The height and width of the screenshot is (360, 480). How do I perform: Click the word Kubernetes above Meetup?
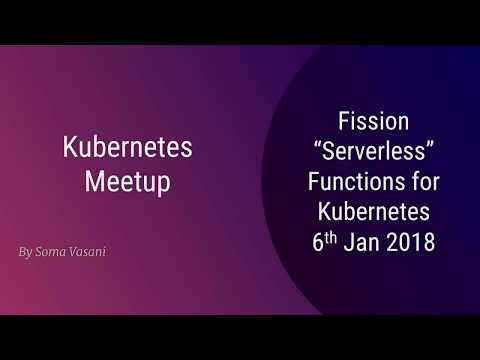pos(127,148)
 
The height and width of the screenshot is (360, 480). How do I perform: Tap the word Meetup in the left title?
pos(127,182)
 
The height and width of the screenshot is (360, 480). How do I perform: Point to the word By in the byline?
pos(25,252)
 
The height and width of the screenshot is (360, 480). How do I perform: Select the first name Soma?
pos(50,252)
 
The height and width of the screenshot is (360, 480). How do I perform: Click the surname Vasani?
pos(88,252)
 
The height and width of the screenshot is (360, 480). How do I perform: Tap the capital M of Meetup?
pos(93,182)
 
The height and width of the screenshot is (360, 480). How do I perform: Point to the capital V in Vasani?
pos(74,252)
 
